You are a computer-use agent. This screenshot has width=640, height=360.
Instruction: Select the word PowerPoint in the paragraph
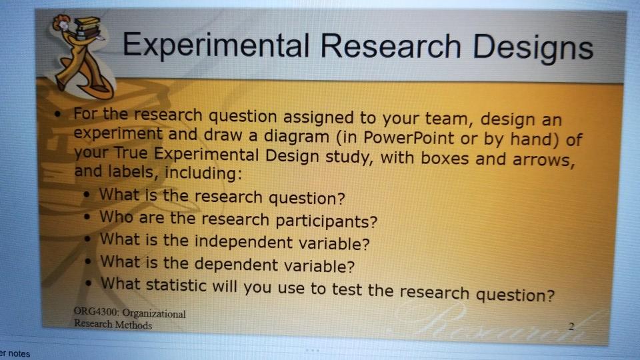pyautogui.click(x=409, y=137)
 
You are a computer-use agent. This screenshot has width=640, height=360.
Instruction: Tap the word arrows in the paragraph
pyautogui.click(x=544, y=159)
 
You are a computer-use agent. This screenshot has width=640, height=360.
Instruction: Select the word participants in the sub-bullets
pyautogui.click(x=326, y=221)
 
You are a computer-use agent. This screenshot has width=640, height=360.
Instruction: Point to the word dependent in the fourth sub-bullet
pyautogui.click(x=236, y=264)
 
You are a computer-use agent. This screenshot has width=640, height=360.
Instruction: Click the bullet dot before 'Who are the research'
pyautogui.click(x=87, y=217)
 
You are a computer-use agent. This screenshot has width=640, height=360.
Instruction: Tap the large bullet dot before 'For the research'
pyautogui.click(x=58, y=113)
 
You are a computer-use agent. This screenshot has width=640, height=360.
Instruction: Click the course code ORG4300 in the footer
pyautogui.click(x=96, y=311)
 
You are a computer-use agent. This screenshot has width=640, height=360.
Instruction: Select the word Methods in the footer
pyautogui.click(x=133, y=325)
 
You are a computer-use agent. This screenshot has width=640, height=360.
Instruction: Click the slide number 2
pyautogui.click(x=571, y=326)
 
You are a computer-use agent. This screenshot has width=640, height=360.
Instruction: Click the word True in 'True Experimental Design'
pyautogui.click(x=131, y=153)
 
